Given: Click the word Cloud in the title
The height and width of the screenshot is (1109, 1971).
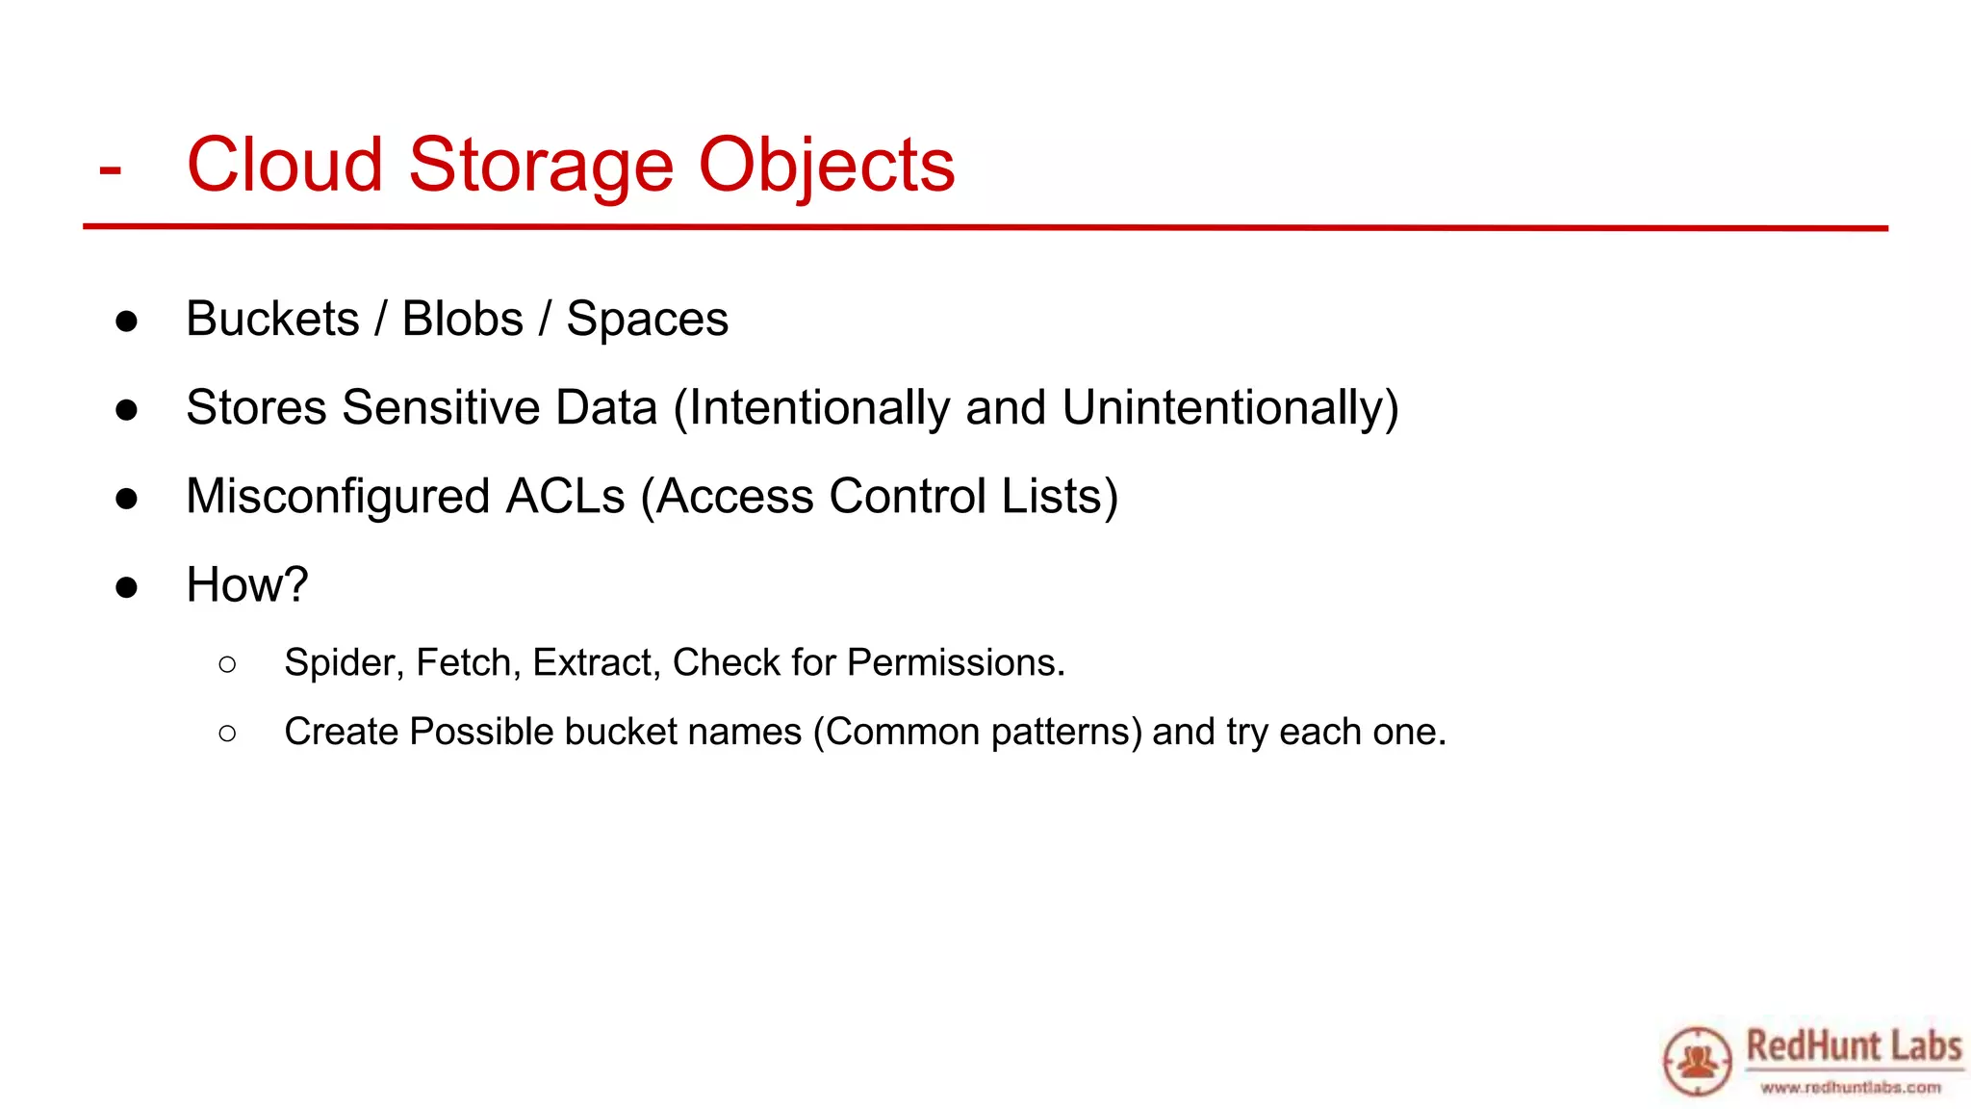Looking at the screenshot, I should pyautogui.click(x=285, y=166).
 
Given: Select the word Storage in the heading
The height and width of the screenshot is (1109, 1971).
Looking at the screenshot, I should pyautogui.click(x=540, y=166).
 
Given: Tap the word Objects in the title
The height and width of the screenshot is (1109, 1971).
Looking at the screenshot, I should pyautogui.click(x=826, y=166).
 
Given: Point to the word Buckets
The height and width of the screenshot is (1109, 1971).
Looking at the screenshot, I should pyautogui.click(x=272, y=319).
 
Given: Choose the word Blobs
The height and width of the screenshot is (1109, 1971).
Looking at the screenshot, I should pyautogui.click(x=462, y=319).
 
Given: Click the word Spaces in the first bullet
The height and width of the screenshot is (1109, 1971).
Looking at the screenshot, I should pyautogui.click(x=647, y=319).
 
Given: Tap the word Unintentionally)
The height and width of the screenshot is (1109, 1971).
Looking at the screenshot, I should pyautogui.click(x=1230, y=407).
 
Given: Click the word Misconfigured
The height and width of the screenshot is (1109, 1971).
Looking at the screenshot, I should pyautogui.click(x=338, y=496).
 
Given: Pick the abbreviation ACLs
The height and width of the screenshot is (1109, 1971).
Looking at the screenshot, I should pyautogui.click(x=566, y=496).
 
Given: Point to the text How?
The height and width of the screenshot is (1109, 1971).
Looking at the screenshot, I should pyautogui.click(x=247, y=584).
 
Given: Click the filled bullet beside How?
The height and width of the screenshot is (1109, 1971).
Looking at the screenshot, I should pyautogui.click(x=126, y=586).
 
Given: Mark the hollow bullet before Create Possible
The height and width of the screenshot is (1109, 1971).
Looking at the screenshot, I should pyautogui.click(x=227, y=734).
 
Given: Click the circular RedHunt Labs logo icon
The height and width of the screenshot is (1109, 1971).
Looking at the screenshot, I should pyautogui.click(x=1697, y=1061).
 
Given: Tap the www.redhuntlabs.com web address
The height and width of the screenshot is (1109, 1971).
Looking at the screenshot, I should pyautogui.click(x=1850, y=1088).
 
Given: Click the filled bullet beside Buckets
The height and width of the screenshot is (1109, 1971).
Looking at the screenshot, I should pyautogui.click(x=126, y=321).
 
